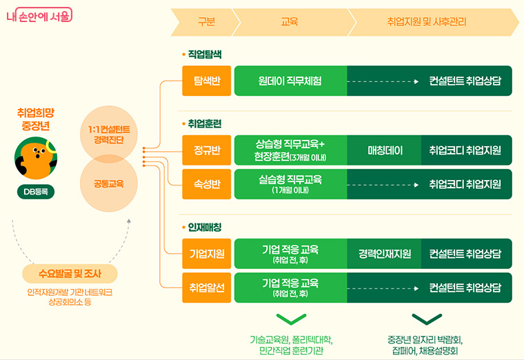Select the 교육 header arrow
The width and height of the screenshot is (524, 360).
(290, 22)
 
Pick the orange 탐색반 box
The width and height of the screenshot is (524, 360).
(206, 81)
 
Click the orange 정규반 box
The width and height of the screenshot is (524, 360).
(206, 150)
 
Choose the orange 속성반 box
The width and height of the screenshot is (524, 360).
(206, 184)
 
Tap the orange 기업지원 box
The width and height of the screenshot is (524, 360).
(206, 253)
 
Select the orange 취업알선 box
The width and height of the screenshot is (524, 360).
(206, 288)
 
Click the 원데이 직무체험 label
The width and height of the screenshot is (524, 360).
(290, 81)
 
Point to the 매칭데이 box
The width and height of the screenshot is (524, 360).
(385, 150)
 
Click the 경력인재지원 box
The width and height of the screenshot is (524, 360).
(385, 253)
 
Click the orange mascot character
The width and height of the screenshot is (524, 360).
(36, 159)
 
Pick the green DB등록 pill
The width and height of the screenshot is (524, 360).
(36, 192)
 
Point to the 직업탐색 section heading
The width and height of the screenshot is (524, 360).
(204, 54)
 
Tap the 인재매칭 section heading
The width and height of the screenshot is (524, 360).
(204, 226)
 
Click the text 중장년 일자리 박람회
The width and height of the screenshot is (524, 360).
(425, 339)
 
